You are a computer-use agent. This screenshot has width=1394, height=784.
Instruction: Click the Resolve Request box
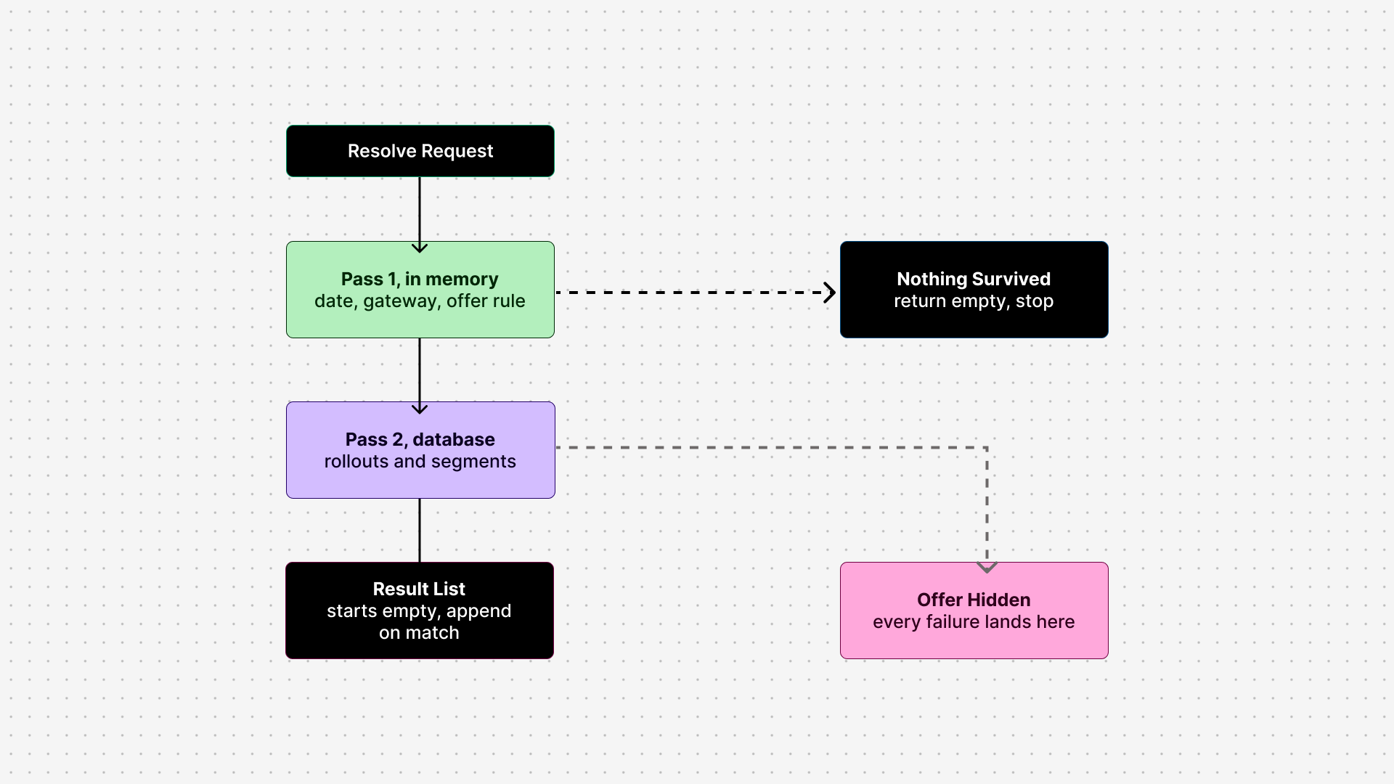pyautogui.click(x=420, y=151)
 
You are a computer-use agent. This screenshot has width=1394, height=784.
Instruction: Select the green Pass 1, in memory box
pyautogui.click(x=420, y=290)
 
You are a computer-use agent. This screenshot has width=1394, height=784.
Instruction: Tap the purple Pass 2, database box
pyautogui.click(x=420, y=450)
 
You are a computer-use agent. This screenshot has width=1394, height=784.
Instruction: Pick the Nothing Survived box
pyautogui.click(x=974, y=290)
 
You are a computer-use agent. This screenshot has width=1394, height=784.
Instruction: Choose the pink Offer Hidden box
pyautogui.click(x=974, y=611)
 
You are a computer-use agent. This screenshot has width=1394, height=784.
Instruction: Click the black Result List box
pyautogui.click(x=420, y=611)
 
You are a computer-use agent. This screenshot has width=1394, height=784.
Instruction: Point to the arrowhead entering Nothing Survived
pyautogui.click(x=830, y=293)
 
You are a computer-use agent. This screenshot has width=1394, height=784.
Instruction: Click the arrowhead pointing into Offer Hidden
pyautogui.click(x=987, y=567)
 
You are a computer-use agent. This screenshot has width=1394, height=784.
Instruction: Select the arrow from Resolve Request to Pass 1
pyautogui.click(x=420, y=215)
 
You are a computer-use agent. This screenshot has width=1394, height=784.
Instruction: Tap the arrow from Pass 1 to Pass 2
pyautogui.click(x=420, y=376)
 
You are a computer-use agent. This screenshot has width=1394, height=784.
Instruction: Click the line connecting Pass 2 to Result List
pyautogui.click(x=420, y=531)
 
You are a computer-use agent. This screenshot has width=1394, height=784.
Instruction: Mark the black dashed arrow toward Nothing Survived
pyautogui.click(x=696, y=293)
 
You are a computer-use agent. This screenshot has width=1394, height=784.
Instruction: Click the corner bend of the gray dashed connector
pyautogui.click(x=987, y=447)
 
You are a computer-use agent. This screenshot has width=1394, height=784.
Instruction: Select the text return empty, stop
pyautogui.click(x=974, y=301)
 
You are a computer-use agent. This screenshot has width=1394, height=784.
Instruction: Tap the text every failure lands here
pyautogui.click(x=974, y=622)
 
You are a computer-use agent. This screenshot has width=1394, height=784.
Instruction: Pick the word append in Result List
pyautogui.click(x=479, y=611)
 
